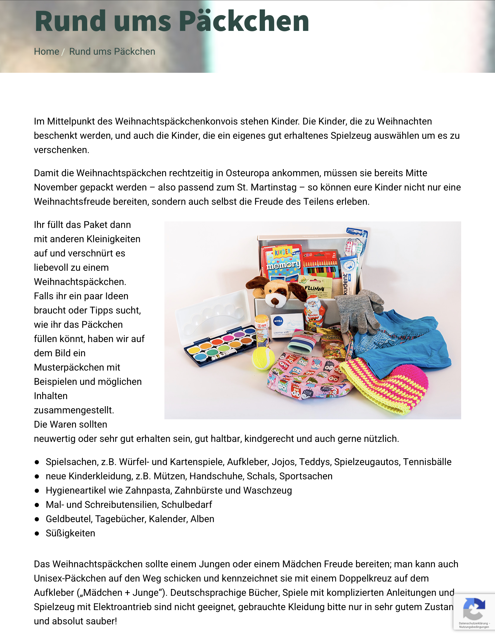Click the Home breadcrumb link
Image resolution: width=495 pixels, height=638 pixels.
pos(47,51)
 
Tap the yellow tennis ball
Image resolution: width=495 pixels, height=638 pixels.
pos(263,359)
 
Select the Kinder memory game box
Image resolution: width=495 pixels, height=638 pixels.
pos(282,262)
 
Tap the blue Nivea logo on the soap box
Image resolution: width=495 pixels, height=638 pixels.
pos(278,321)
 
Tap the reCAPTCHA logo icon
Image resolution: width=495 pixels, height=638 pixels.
pos(474,609)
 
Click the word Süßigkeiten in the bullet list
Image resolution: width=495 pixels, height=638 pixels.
pos(70,533)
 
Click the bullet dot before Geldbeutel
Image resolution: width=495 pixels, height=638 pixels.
pos(37,519)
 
